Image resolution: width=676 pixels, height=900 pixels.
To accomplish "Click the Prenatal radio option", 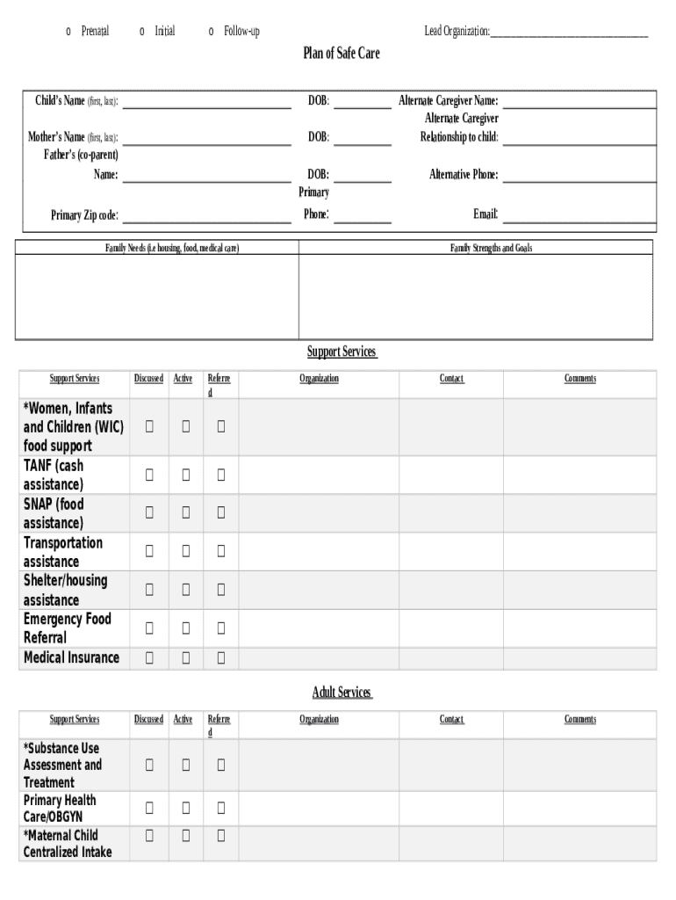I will click(68, 32).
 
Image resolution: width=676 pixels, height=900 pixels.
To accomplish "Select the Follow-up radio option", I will click(212, 32).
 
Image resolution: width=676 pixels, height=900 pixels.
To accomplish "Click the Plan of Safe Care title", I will click(342, 54).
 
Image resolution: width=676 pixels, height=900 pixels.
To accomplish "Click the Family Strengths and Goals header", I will click(491, 249).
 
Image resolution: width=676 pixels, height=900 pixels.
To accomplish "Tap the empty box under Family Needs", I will click(157, 296).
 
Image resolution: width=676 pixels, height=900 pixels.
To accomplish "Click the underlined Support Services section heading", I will click(342, 352).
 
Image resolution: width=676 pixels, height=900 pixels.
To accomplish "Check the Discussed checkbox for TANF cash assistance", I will click(149, 475).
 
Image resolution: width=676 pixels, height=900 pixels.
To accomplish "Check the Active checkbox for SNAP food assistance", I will click(185, 513).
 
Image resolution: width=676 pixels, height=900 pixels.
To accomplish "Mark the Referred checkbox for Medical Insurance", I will click(221, 657).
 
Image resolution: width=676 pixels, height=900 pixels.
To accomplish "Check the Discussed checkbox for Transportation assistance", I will click(149, 552).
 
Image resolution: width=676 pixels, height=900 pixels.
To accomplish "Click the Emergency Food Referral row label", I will click(68, 628).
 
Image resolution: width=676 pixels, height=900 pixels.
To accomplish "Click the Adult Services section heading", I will click(342, 693).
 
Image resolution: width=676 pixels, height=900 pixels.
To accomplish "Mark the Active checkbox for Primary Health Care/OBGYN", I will click(185, 808).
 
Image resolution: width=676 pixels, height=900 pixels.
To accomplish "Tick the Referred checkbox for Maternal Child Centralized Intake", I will click(221, 835).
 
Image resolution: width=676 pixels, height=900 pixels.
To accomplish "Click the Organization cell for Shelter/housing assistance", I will click(319, 590).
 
